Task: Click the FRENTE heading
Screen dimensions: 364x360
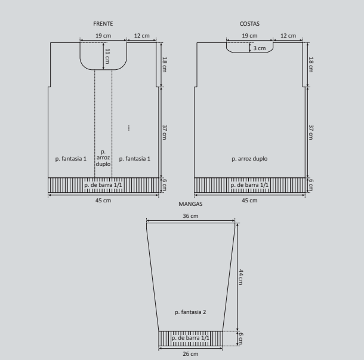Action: tap(103, 24)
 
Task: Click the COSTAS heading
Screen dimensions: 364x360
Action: tap(249, 24)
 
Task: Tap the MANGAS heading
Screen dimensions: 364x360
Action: tap(190, 204)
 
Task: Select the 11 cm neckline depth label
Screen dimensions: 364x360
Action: tap(107, 56)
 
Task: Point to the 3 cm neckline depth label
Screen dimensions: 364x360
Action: tap(260, 48)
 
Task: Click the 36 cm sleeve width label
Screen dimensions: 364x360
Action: tap(190, 216)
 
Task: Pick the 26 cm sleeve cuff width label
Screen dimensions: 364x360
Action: tap(190, 354)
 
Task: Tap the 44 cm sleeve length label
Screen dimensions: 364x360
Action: tap(241, 277)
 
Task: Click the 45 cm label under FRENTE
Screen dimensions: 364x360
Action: tap(103, 201)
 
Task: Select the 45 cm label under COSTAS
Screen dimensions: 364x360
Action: tap(249, 201)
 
